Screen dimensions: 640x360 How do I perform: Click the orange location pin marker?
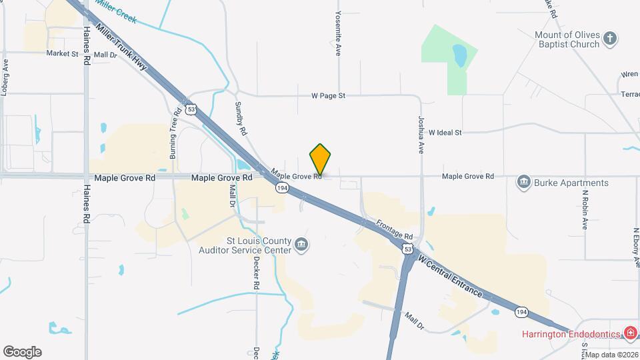[320, 159]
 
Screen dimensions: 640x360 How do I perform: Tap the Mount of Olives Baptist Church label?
[567, 40]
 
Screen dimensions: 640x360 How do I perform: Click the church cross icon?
[610, 38]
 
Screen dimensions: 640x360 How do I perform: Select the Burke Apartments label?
[572, 183]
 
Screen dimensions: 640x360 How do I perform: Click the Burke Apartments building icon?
[523, 182]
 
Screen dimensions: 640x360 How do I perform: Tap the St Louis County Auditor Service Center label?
[245, 245]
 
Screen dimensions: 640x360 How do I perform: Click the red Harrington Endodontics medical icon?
[629, 333]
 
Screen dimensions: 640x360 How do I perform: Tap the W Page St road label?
[328, 95]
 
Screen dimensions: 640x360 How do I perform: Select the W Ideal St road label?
[445, 133]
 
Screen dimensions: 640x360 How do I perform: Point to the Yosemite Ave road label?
[338, 33]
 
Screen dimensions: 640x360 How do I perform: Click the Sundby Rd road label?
[241, 118]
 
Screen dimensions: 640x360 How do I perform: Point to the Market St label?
[62, 53]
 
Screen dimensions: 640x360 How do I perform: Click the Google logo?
[22, 351]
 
